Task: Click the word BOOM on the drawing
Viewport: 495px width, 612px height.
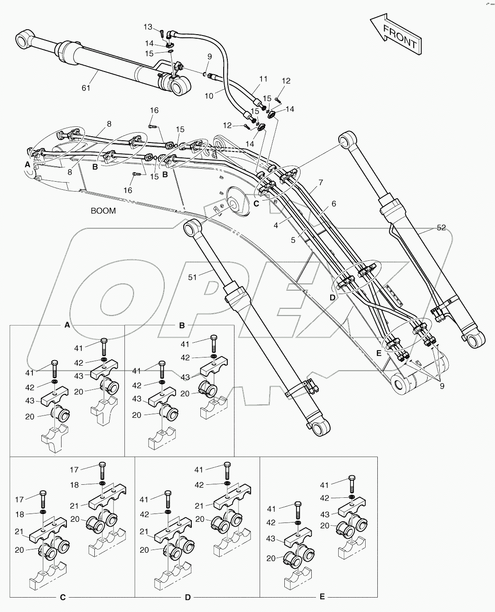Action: [x=103, y=210]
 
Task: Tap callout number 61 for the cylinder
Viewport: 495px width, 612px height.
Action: [x=86, y=88]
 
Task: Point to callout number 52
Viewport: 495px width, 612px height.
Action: [x=441, y=228]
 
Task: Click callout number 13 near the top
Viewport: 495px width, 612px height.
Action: [x=148, y=27]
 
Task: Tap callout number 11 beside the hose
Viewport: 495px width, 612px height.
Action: [x=263, y=79]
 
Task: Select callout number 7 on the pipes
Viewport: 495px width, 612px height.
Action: [x=321, y=182]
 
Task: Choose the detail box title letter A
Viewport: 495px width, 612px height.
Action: [x=67, y=325]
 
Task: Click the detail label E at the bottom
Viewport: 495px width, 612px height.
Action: [x=322, y=597]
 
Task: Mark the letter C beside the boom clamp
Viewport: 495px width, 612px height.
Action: [x=256, y=203]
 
